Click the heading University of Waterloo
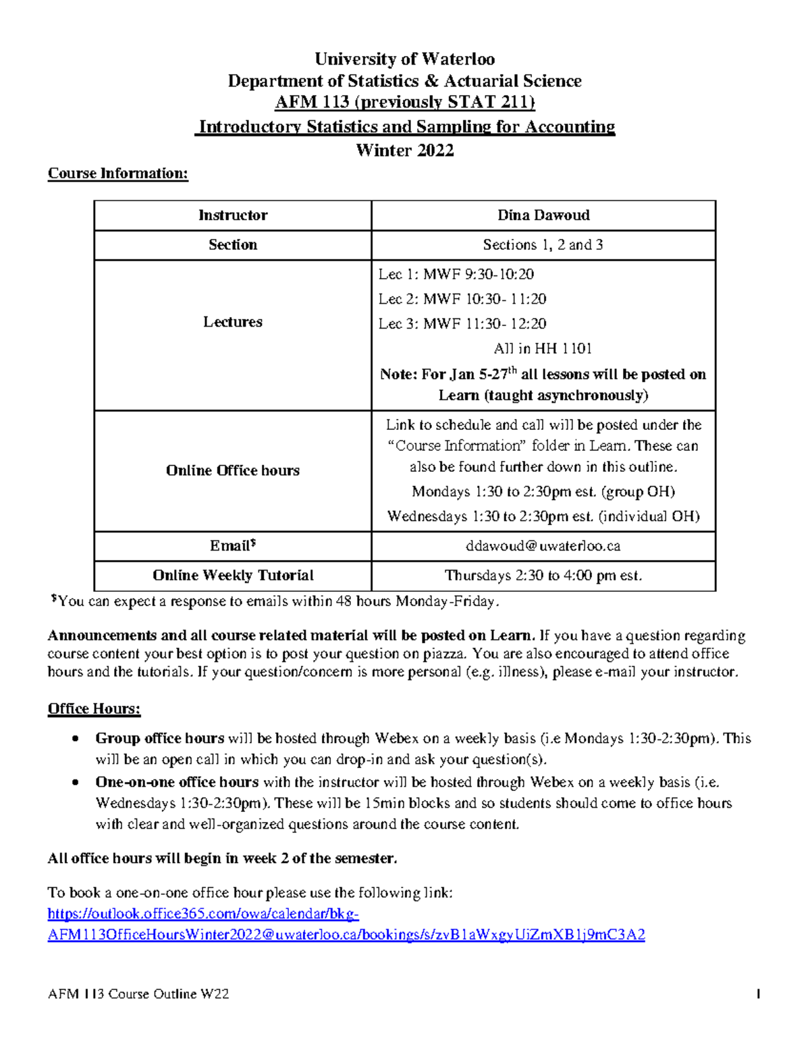(404, 59)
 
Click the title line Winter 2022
(404, 150)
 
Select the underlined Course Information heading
(117, 173)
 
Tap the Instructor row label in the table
(232, 215)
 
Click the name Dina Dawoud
(543, 215)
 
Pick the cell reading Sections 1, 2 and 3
(543, 245)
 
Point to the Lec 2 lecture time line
(462, 299)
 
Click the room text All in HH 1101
(543, 349)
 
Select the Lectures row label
(232, 322)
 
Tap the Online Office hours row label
(232, 470)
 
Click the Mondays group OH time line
(543, 491)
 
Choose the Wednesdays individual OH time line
(543, 516)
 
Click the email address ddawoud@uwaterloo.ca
(543, 546)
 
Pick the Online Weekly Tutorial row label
(232, 576)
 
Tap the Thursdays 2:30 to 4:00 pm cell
(543, 576)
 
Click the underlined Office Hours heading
(94, 709)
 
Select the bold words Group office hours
(160, 738)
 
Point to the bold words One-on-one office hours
(177, 782)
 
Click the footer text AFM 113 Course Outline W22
(138, 993)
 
